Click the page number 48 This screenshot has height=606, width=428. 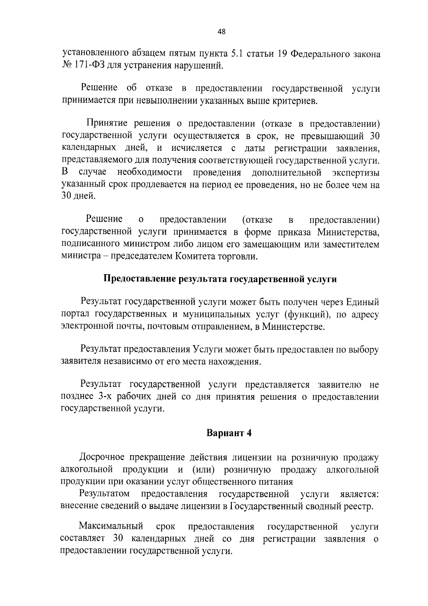(x=221, y=32)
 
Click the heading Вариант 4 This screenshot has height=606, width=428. (x=229, y=433)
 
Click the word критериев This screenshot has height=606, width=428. (x=294, y=101)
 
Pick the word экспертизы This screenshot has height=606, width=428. (x=356, y=173)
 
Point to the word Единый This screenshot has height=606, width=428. (x=363, y=303)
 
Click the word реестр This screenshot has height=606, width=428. (x=361, y=506)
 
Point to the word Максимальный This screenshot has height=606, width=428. (x=111, y=526)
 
